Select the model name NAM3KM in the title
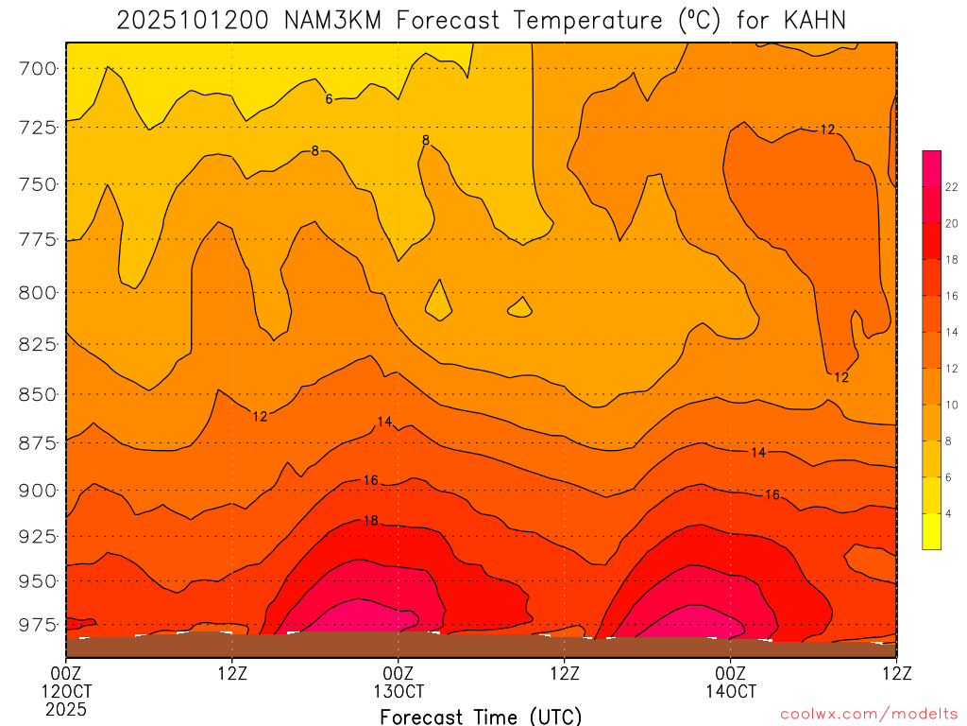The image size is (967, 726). coord(333,20)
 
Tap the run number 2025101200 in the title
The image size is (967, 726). coord(195,20)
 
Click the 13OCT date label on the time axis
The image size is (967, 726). coord(399,691)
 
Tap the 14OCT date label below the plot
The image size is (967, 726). coord(730,691)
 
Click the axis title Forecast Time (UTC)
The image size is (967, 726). coord(481,717)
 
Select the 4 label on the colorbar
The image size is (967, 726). coord(949,513)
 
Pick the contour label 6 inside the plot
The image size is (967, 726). coord(329,98)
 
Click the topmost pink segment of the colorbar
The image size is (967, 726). coord(931,159)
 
